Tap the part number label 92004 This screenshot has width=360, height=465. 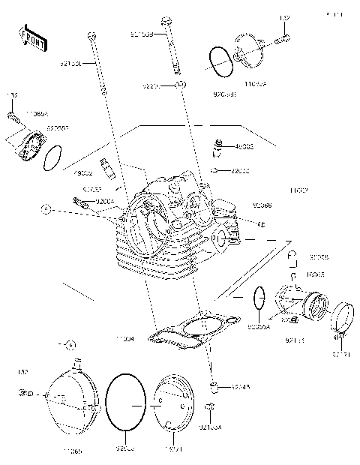[x=105, y=200]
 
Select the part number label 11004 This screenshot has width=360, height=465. [x=124, y=340]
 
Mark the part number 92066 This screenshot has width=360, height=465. [x=262, y=204]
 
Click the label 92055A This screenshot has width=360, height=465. [x=259, y=327]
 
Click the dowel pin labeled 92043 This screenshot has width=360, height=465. [x=213, y=387]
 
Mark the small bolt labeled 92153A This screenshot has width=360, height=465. [x=211, y=409]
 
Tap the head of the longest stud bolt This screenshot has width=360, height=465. [x=91, y=34]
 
